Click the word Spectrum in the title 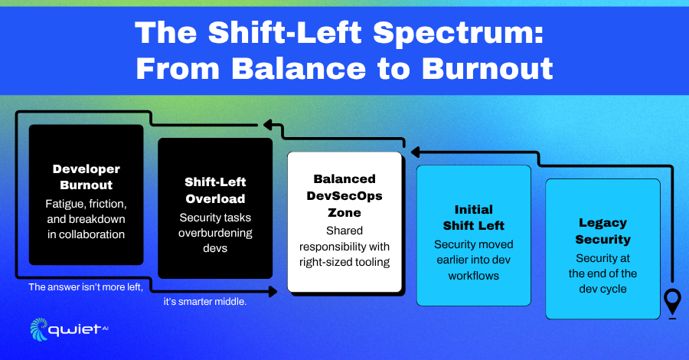[x=459, y=34]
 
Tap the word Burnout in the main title [x=488, y=69]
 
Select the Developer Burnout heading [x=86, y=177]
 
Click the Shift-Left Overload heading [x=215, y=190]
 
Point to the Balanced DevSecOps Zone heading [x=344, y=195]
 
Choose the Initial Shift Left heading [x=474, y=217]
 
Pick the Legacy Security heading [x=603, y=231]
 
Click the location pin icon [x=672, y=303]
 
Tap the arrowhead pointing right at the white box [x=273, y=291]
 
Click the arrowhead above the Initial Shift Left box [x=416, y=152]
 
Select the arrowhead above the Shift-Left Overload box [x=268, y=125]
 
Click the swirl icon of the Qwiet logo [x=39, y=329]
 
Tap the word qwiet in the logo [x=75, y=330]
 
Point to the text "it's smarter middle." [x=205, y=302]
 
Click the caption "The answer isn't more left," [x=86, y=287]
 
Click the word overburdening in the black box [x=215, y=233]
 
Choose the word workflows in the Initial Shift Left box [x=474, y=276]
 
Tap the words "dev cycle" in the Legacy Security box [x=603, y=289]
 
